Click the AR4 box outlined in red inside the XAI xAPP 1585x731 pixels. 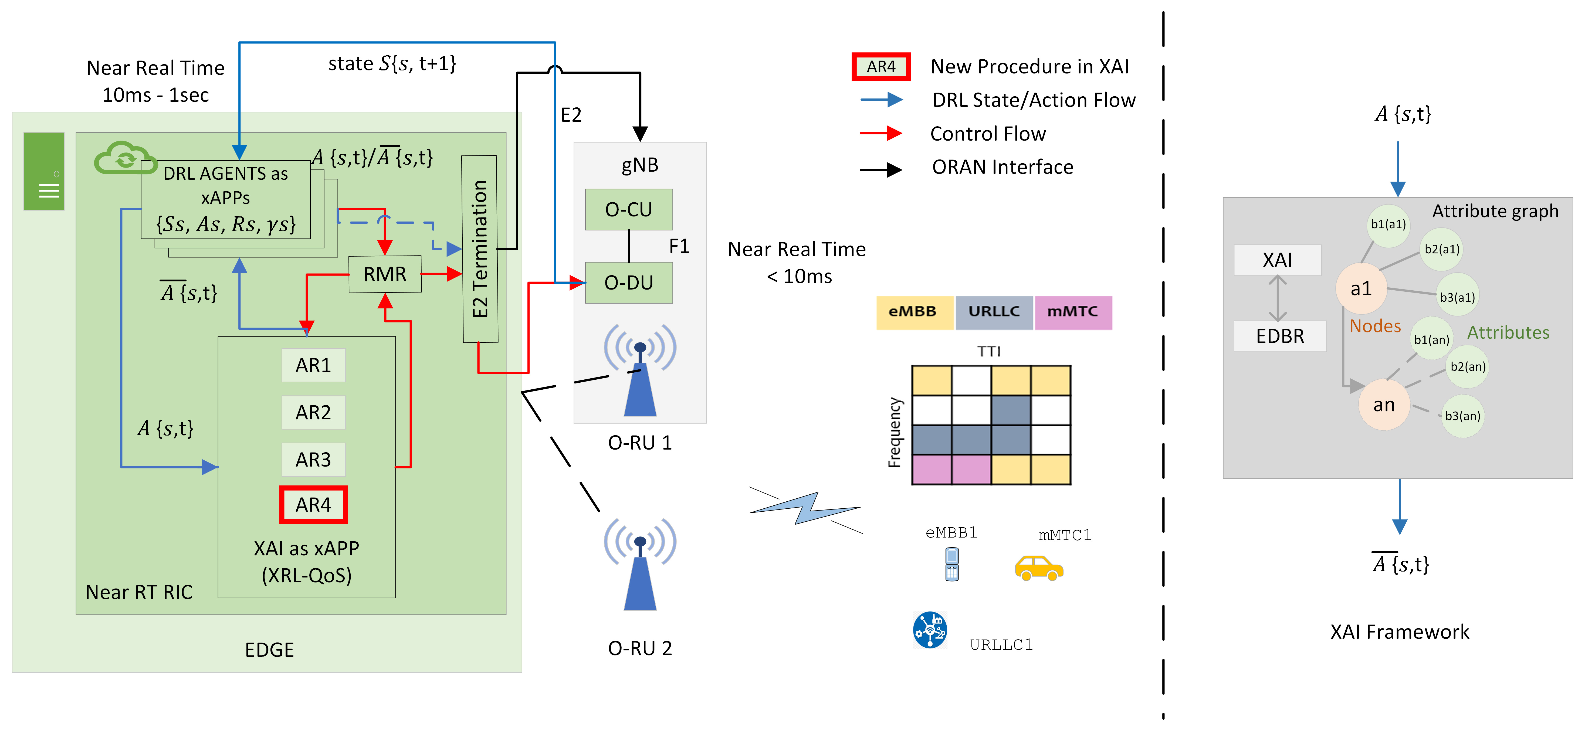pos(313,505)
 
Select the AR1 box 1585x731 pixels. pos(313,365)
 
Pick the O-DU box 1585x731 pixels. pos(628,283)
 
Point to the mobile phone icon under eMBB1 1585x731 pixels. pos(952,564)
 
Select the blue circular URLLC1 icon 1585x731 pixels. pos(930,630)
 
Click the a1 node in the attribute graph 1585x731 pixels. pos(1361,288)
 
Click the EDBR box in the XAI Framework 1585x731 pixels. pos(1280,336)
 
